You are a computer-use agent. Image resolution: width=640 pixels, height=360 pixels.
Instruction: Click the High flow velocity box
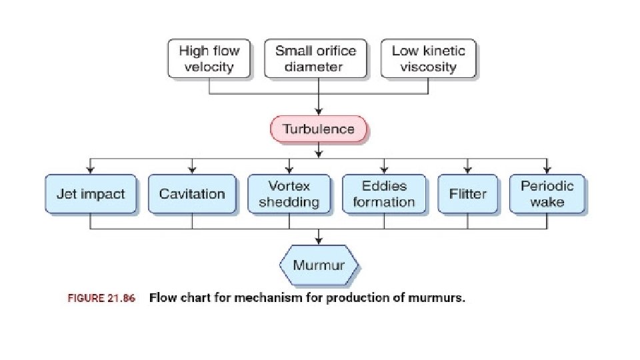pos(209,59)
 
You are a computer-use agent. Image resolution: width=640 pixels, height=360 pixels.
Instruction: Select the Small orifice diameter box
pos(315,59)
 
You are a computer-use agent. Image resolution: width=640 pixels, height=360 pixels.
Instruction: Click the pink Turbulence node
pos(319,129)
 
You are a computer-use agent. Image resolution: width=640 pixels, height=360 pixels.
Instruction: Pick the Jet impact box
pos(91,194)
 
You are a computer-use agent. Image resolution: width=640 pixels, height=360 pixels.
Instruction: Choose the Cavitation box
pos(192,194)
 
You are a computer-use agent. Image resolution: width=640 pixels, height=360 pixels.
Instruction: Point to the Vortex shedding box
pos(289,194)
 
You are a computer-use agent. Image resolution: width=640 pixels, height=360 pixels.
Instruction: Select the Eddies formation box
pos(384,194)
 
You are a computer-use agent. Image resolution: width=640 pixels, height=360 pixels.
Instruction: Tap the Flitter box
pos(467,194)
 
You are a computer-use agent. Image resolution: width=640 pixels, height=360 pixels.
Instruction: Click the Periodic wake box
pos(547,194)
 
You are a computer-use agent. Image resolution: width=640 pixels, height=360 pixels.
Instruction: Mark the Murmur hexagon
pos(319,265)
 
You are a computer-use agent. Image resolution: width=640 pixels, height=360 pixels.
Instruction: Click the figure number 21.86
pos(121,299)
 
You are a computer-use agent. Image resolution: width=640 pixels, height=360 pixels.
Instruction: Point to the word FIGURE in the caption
pos(85,299)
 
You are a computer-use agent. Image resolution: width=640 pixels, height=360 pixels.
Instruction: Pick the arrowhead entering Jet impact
pos(91,169)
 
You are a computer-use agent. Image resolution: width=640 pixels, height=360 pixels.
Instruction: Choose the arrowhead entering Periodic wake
pos(547,169)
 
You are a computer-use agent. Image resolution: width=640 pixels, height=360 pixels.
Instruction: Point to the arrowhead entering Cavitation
pos(192,169)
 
